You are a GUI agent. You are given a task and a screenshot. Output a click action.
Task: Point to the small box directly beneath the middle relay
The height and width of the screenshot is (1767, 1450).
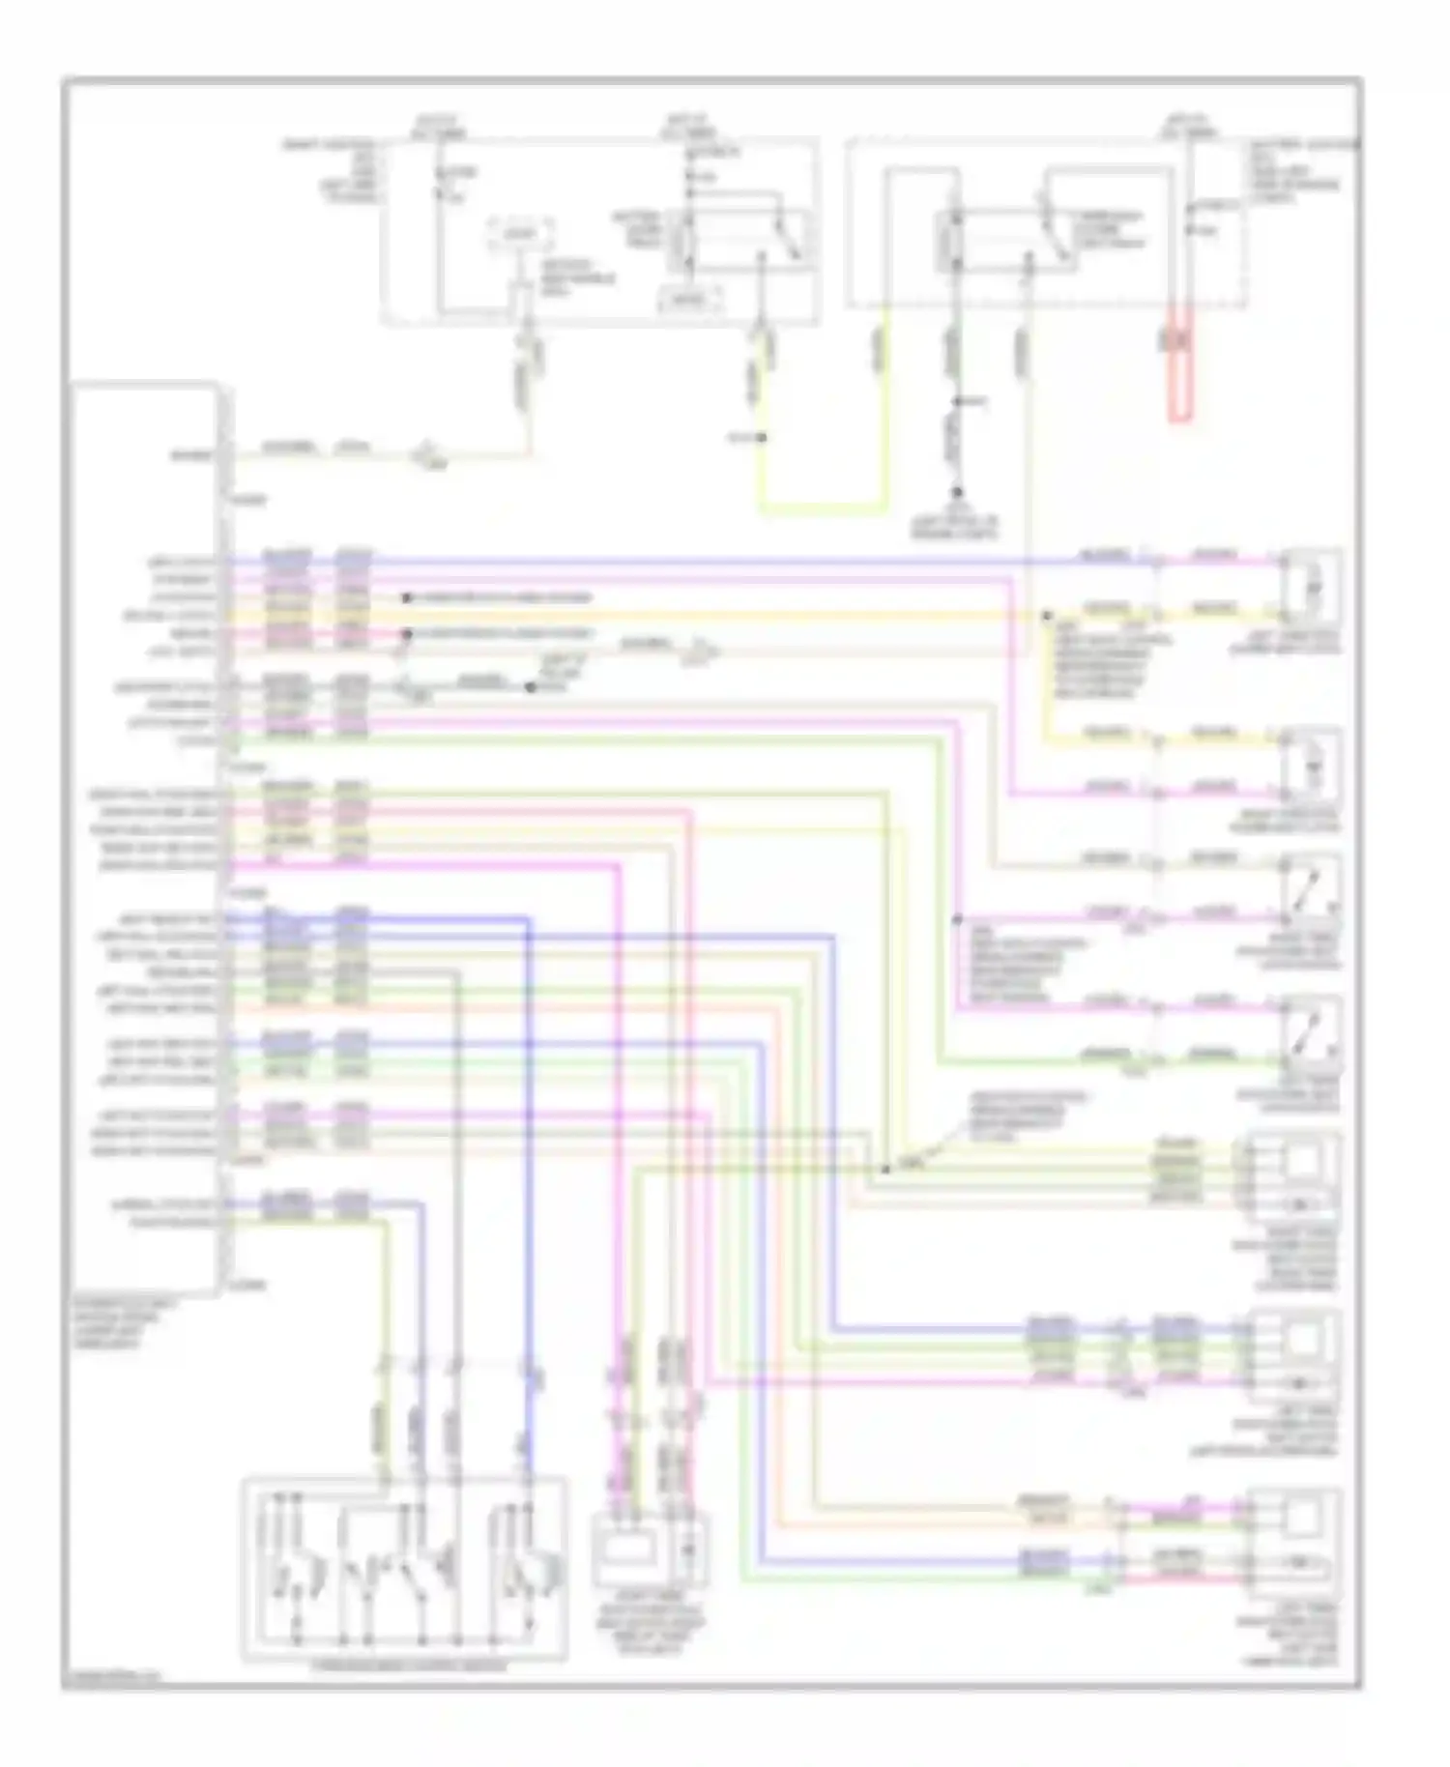click(x=690, y=301)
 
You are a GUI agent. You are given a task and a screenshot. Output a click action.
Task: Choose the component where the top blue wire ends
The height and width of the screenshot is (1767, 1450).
click(x=1311, y=586)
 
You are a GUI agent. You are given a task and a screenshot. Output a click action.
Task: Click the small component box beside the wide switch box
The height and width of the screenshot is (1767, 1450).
click(x=649, y=1550)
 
